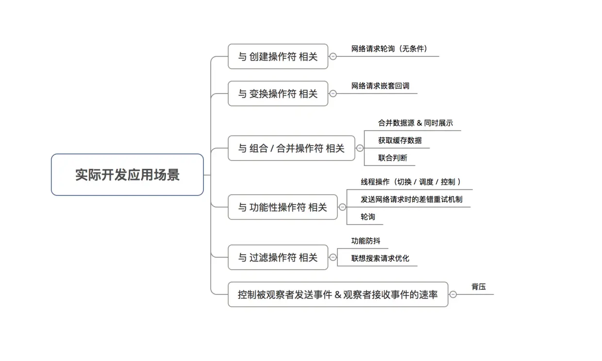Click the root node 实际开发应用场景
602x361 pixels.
point(127,175)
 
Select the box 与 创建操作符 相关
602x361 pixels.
point(278,56)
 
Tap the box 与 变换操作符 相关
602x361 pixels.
point(278,94)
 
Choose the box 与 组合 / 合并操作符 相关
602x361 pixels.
point(291,148)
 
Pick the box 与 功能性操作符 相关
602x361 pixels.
point(283,207)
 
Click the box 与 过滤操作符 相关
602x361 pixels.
point(278,257)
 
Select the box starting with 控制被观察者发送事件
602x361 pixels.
point(338,294)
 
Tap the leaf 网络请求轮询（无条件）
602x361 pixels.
point(390,49)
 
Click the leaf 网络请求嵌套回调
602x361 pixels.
point(380,86)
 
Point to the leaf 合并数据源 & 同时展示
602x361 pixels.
point(415,123)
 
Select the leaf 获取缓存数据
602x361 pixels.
point(400,141)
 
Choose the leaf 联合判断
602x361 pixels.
point(392,158)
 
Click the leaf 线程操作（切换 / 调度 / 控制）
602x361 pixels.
point(411,182)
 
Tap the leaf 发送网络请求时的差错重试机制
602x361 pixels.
point(408,199)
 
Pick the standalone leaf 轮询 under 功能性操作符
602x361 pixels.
point(368,217)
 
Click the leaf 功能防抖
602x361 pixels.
point(366,241)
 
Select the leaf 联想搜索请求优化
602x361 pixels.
point(380,258)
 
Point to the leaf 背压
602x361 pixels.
point(478,287)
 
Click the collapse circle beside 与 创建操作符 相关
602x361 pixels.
point(333,56)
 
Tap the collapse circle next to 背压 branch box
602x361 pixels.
point(453,294)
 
